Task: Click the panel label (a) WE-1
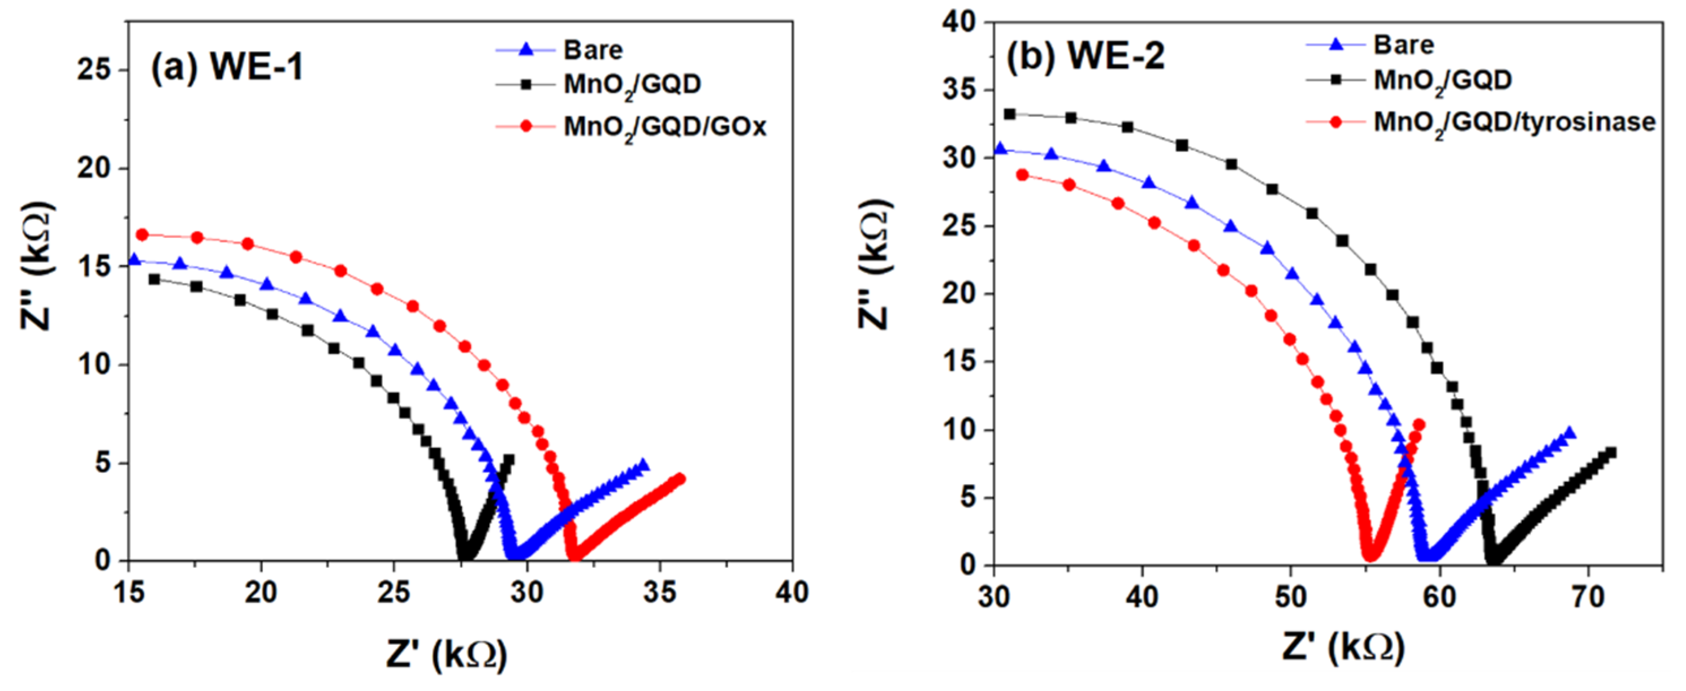227,67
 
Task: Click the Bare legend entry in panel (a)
593,50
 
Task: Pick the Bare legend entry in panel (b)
1403,45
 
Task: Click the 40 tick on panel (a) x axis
792,593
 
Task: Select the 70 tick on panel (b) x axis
1587,597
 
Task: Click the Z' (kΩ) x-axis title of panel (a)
447,654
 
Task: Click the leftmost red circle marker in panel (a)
142,234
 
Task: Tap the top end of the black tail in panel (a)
509,459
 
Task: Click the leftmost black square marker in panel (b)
1010,115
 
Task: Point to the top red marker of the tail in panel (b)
1419,425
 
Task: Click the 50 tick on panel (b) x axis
1290,597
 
